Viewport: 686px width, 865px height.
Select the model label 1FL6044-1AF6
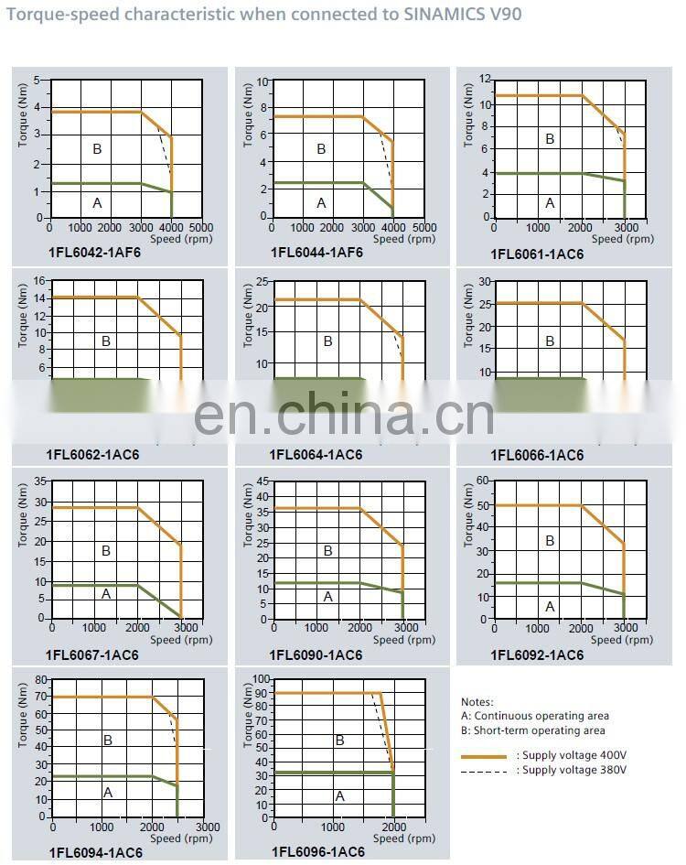316,254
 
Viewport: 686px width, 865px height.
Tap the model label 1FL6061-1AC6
537,255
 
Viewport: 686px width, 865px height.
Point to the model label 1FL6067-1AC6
92,654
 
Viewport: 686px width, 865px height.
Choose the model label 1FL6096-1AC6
318,851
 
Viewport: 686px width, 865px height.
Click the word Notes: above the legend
477,702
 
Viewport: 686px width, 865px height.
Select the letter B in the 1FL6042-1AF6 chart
96,148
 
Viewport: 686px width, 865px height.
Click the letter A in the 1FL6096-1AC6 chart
339,796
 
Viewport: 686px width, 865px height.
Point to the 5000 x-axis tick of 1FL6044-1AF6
423,227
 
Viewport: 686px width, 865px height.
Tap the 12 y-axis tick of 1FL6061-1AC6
486,81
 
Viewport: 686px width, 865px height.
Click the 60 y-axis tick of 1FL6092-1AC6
484,481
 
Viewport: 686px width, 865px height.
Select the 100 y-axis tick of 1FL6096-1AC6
261,680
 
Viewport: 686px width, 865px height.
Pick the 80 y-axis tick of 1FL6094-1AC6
40,680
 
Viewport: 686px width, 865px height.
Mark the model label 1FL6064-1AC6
316,455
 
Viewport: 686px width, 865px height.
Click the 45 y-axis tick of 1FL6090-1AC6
263,481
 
